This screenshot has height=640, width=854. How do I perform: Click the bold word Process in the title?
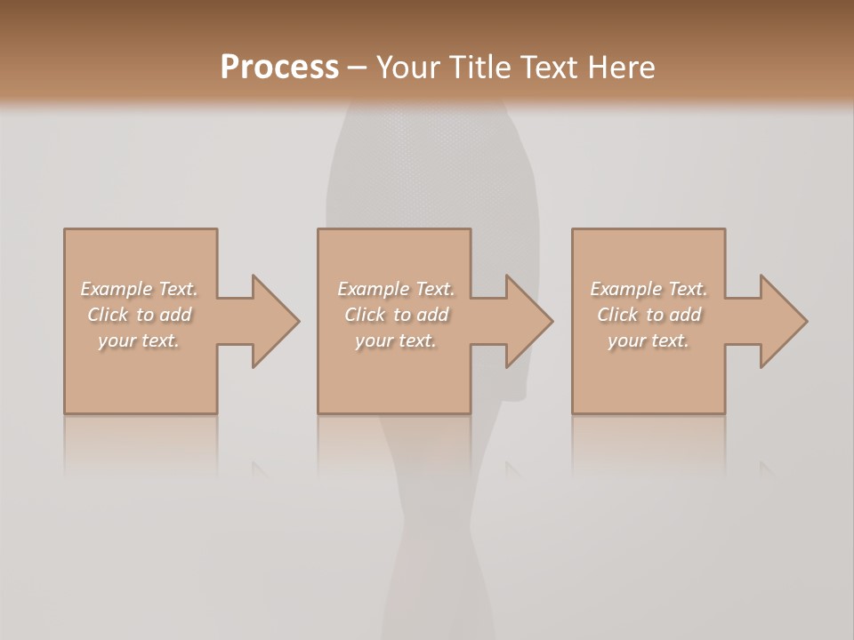click(x=279, y=68)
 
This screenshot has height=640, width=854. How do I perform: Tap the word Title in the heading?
click(x=479, y=68)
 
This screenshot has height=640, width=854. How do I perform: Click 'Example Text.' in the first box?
click(x=139, y=289)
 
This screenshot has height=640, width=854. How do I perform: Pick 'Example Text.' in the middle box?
click(x=395, y=289)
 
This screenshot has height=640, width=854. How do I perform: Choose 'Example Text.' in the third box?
click(x=649, y=289)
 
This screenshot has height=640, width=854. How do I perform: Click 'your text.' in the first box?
click(x=139, y=340)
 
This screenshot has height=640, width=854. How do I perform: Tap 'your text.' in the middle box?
click(x=395, y=340)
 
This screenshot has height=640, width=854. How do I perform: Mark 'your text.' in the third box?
click(x=649, y=340)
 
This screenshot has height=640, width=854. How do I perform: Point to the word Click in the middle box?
click(x=365, y=315)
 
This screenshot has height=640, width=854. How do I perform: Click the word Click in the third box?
click(x=617, y=315)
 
